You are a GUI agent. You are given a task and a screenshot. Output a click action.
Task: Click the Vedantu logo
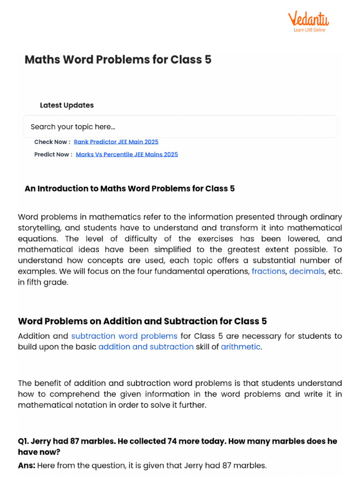coord(308,19)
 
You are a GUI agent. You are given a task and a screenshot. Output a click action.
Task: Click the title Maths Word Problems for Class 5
coord(118,60)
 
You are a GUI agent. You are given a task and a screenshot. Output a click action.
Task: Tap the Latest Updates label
coord(67,105)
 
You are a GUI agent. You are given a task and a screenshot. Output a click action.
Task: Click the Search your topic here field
coord(180,127)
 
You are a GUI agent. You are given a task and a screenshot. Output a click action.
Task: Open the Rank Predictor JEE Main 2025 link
coord(116,142)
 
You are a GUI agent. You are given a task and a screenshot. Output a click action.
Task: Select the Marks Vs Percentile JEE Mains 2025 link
coord(127,154)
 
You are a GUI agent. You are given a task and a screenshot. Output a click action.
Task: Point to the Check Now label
coord(52,142)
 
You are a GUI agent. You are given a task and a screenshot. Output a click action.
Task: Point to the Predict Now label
coord(53,154)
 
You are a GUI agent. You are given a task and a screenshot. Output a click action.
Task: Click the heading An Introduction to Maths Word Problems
coord(129,188)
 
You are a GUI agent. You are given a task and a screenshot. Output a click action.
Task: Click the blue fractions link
coord(268,271)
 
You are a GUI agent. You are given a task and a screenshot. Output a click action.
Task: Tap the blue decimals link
coord(307,271)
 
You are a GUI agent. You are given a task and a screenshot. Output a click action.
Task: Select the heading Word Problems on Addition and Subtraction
coord(142,321)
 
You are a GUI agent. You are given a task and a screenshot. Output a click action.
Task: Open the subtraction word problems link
coord(124,336)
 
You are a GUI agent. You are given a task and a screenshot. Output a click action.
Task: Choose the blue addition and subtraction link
coord(146,347)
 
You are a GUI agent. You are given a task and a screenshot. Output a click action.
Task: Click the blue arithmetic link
coord(240,347)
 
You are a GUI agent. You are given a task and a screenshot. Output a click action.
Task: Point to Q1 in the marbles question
coord(23,441)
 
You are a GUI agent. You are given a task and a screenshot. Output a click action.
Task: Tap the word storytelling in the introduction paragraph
coord(39,228)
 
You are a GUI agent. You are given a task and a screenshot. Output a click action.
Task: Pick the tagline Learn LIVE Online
coord(309,30)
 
